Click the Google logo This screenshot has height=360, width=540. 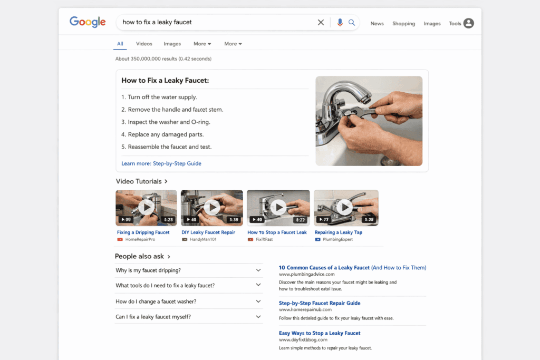pos(88,22)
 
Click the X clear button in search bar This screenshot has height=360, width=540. pos(321,22)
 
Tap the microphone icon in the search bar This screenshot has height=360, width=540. pos(340,22)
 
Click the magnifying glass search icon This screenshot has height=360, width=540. pos(352,22)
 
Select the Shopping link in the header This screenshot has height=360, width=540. pos(403,24)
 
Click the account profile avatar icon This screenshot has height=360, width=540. pos(468,23)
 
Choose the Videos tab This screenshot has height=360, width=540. pos(144,44)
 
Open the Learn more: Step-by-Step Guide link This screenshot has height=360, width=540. pos(161,163)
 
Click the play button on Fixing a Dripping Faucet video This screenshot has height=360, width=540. pos(146,207)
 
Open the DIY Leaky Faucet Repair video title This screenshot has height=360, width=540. pos(208,232)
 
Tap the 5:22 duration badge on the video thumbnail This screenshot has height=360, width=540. pos(300,220)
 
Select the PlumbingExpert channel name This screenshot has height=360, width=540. pos(337,239)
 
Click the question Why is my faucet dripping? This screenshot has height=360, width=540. pos(148,270)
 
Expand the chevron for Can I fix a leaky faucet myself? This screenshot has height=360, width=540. pos(258,317)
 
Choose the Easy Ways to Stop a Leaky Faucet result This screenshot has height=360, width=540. pos(320,333)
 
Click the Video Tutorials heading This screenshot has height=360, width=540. pos(139,181)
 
